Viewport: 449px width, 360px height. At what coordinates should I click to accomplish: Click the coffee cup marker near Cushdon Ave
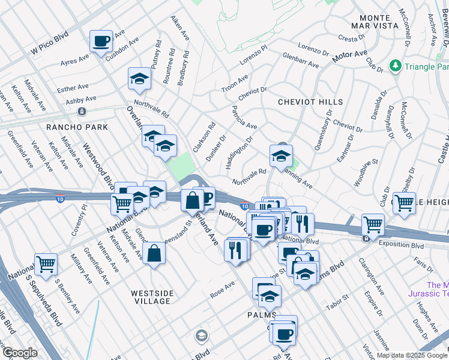click(x=101, y=41)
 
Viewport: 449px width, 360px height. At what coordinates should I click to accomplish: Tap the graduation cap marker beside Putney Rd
click(x=139, y=79)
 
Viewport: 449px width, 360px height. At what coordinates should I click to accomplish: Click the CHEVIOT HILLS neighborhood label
click(x=310, y=103)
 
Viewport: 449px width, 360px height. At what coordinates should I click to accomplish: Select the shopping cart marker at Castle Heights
click(x=404, y=203)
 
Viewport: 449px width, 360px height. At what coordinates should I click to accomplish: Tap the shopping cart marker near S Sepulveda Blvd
click(x=46, y=263)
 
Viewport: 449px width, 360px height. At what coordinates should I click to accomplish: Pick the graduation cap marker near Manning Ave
click(x=280, y=156)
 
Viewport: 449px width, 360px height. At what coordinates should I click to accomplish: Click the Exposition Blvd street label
click(x=400, y=245)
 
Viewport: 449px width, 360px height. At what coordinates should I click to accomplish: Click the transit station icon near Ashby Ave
click(x=82, y=112)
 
